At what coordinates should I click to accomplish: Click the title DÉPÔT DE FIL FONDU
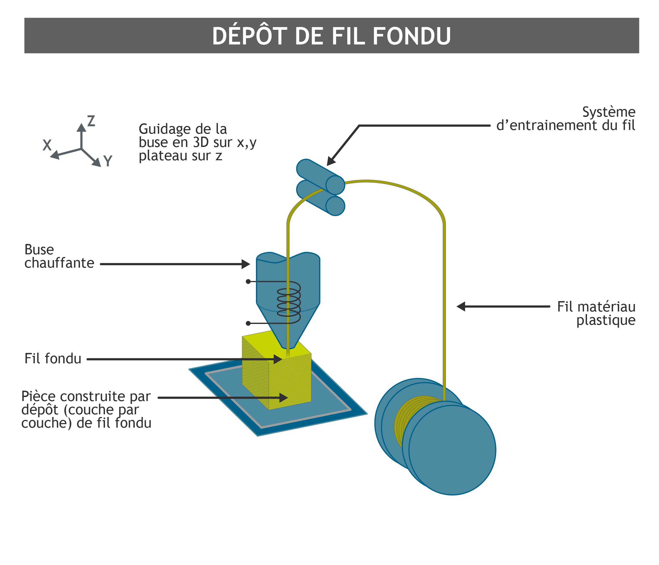pyautogui.click(x=331, y=36)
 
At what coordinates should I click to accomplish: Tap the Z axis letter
pyautogui.click(x=91, y=121)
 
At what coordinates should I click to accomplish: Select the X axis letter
pyautogui.click(x=47, y=145)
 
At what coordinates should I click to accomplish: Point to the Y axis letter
pyautogui.click(x=108, y=161)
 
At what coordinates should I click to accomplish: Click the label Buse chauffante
pyautogui.click(x=59, y=256)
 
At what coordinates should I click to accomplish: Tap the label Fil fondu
pyautogui.click(x=53, y=359)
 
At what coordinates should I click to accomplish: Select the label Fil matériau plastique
pyautogui.click(x=596, y=313)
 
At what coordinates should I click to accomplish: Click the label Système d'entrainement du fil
pyautogui.click(x=566, y=119)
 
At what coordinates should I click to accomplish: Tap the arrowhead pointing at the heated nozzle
pyautogui.click(x=246, y=264)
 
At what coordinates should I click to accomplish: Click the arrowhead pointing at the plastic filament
pyautogui.click(x=461, y=306)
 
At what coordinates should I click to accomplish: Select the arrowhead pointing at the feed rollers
pyautogui.click(x=331, y=162)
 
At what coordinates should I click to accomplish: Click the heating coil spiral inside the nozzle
pyautogui.click(x=289, y=302)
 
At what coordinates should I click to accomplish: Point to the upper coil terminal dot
pyautogui.click(x=248, y=281)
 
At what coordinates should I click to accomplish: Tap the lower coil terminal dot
pyautogui.click(x=248, y=323)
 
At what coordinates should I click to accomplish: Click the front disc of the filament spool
pyautogui.click(x=452, y=450)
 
